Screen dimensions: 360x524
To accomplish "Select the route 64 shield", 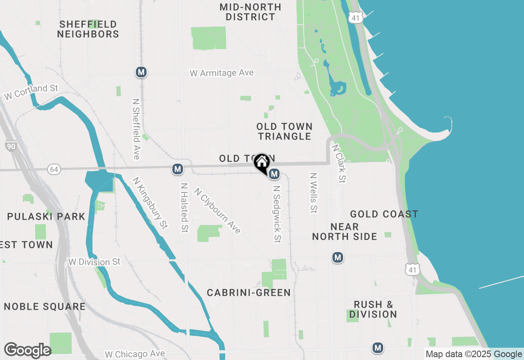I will [54, 169].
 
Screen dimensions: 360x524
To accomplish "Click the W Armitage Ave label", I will [221, 73].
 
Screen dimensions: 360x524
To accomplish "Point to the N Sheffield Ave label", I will [136, 128].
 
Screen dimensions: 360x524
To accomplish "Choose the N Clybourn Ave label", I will [217, 210].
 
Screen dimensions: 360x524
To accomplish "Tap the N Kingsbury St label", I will [150, 202].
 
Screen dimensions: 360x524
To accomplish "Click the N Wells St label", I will [314, 193].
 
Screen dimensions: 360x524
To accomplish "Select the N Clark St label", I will [339, 163].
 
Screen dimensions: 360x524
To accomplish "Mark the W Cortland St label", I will [31, 92].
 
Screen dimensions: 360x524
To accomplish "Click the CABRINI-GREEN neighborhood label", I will [248, 292].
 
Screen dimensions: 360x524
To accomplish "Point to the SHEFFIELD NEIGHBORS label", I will [88, 29].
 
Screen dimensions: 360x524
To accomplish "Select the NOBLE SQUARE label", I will [45, 306].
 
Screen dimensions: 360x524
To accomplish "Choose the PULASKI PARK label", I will [46, 216].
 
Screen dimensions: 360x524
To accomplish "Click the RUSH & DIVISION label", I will [373, 309].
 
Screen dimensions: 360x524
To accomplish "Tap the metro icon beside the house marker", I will [274, 174].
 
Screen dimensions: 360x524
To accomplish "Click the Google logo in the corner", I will [27, 351].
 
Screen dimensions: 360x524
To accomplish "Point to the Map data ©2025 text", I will [458, 354].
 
